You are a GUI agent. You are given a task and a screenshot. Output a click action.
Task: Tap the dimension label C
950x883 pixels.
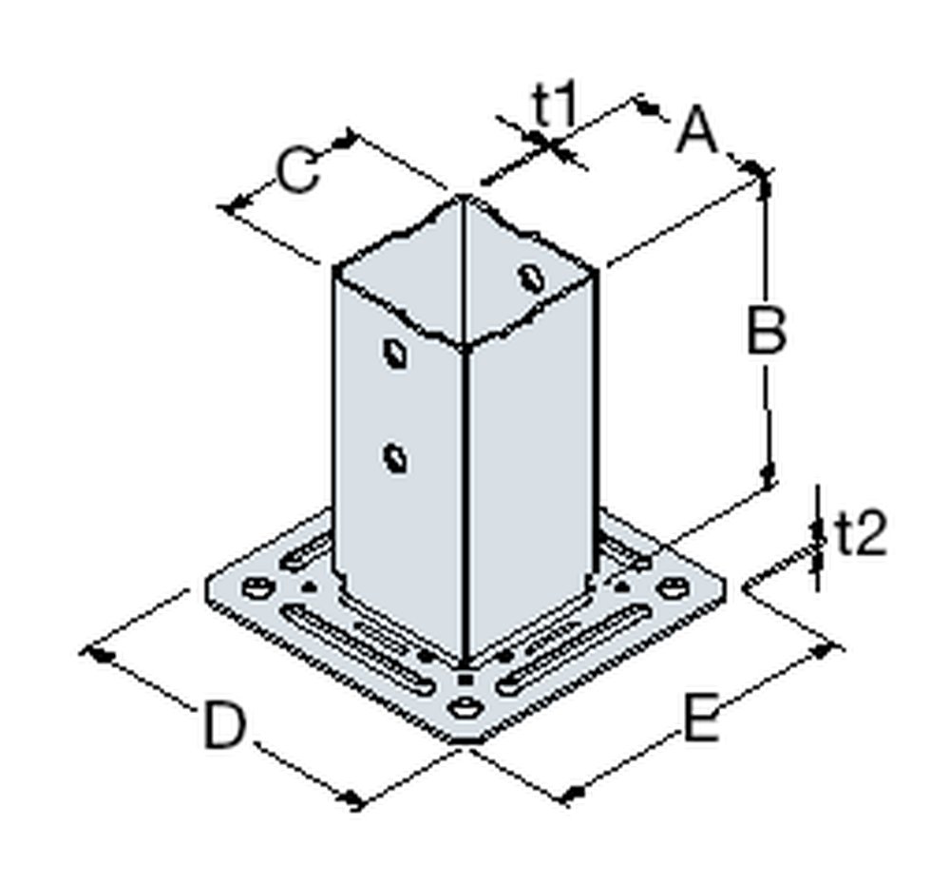point(297,172)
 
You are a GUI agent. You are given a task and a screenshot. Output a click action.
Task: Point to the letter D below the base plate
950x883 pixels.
point(224,726)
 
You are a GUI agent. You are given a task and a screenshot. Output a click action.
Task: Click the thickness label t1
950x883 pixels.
point(554,107)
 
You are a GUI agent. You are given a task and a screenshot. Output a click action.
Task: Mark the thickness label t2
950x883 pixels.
point(861,536)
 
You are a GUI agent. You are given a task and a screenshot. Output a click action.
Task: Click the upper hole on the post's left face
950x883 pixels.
point(394,353)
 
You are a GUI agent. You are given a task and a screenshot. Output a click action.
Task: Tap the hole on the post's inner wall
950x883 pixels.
point(529,278)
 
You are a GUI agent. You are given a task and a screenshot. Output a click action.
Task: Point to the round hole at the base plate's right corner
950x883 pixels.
point(672,589)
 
